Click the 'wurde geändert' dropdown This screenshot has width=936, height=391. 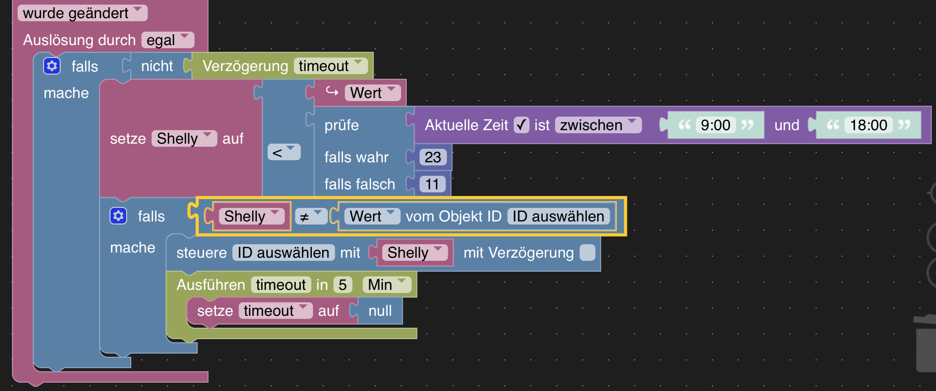pyautogui.click(x=82, y=13)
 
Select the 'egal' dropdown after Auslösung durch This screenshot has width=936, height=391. pyautogui.click(x=167, y=40)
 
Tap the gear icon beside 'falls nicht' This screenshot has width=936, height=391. pyautogui.click(x=52, y=66)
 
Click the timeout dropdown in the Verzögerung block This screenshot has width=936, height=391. pyautogui.click(x=330, y=66)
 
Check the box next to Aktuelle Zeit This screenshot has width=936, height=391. pyautogui.click(x=521, y=125)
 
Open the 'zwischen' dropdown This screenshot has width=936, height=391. pyautogui.click(x=598, y=125)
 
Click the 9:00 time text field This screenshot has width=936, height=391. pyautogui.click(x=715, y=125)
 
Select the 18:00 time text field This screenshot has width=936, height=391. pyautogui.click(x=868, y=125)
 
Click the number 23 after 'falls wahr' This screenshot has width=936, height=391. pyautogui.click(x=433, y=157)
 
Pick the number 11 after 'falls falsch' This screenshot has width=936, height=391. pyautogui.click(x=432, y=184)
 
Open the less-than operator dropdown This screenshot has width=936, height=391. pyautogui.click(x=283, y=152)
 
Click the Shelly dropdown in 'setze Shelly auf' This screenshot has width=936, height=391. pyautogui.click(x=184, y=138)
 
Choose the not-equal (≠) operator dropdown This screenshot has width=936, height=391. pyautogui.click(x=310, y=217)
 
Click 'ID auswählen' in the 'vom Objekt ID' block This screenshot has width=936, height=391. pyautogui.click(x=558, y=216)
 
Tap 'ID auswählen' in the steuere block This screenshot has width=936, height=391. pyautogui.click(x=283, y=253)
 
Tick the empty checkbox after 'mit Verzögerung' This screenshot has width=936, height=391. pyautogui.click(x=587, y=253)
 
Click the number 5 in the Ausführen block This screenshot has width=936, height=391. pyautogui.click(x=342, y=285)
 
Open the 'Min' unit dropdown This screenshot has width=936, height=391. pyautogui.click(x=387, y=285)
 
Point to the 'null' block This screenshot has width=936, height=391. pyautogui.click(x=380, y=311)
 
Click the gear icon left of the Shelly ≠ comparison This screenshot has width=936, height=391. pyautogui.click(x=118, y=216)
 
